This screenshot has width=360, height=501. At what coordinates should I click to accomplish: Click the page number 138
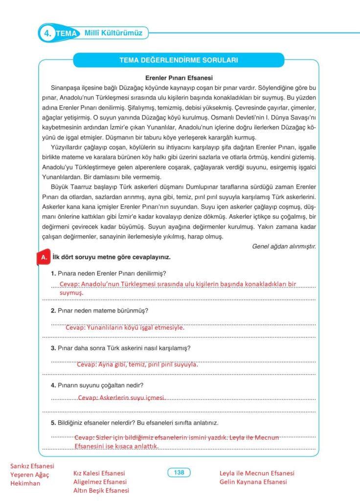(179, 473)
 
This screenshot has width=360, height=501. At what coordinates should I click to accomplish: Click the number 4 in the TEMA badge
(47, 33)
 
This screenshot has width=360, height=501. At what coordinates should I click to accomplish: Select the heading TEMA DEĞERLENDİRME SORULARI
(179, 61)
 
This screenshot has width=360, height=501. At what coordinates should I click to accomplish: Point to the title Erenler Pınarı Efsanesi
(179, 78)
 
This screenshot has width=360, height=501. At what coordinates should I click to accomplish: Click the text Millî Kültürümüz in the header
(113, 33)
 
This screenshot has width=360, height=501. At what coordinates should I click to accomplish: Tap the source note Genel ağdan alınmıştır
(284, 246)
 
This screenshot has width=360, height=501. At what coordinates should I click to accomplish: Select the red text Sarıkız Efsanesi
(32, 466)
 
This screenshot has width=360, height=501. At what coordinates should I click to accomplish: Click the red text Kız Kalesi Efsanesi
(99, 473)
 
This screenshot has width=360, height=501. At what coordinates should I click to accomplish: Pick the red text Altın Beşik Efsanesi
(101, 491)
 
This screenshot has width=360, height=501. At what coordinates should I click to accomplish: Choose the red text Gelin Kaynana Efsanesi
(253, 482)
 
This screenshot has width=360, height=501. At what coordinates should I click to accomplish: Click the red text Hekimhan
(25, 483)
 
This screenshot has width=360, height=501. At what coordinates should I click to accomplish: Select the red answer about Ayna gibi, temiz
(137, 364)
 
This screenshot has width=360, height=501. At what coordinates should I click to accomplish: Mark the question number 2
(53, 311)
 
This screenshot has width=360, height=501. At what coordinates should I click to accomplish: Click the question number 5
(53, 423)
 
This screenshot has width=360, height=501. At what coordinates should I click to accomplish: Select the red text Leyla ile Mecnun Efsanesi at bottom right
(257, 473)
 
